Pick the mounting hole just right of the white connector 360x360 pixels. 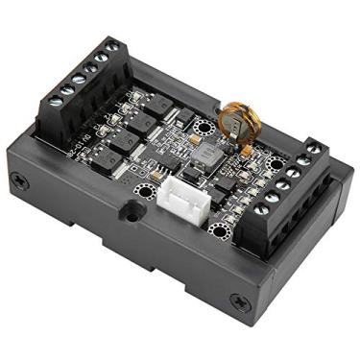(x=223, y=228)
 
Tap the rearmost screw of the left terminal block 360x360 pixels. (x=112, y=47)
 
